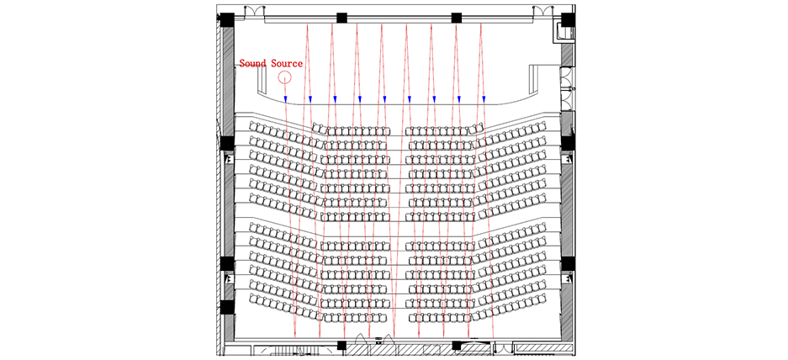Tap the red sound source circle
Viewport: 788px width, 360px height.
tap(285, 78)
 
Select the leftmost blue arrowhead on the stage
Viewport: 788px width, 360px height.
tap(285, 99)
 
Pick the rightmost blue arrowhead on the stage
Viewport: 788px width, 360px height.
tap(484, 99)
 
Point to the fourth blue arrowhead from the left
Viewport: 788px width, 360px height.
tap(360, 99)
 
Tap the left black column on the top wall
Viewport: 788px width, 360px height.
tap(341, 18)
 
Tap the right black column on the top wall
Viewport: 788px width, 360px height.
tap(457, 18)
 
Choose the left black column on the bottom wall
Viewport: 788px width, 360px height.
tap(341, 345)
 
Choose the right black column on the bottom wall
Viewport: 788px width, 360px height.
tap(457, 345)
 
